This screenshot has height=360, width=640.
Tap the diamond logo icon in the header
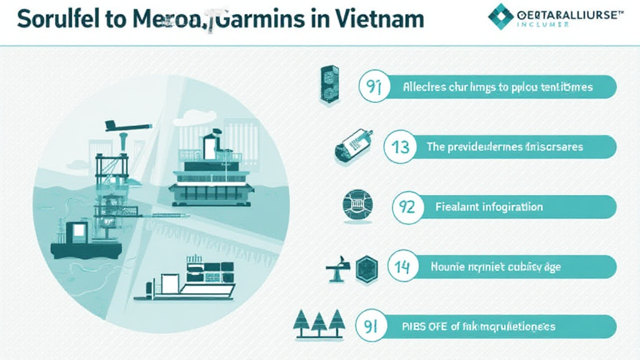click(500, 16)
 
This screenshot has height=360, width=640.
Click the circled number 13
click(400, 147)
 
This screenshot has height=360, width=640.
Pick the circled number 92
click(407, 207)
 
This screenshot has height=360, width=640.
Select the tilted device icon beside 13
click(354, 145)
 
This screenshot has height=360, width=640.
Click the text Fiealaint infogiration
click(488, 207)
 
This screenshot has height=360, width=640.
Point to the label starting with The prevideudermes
click(504, 147)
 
